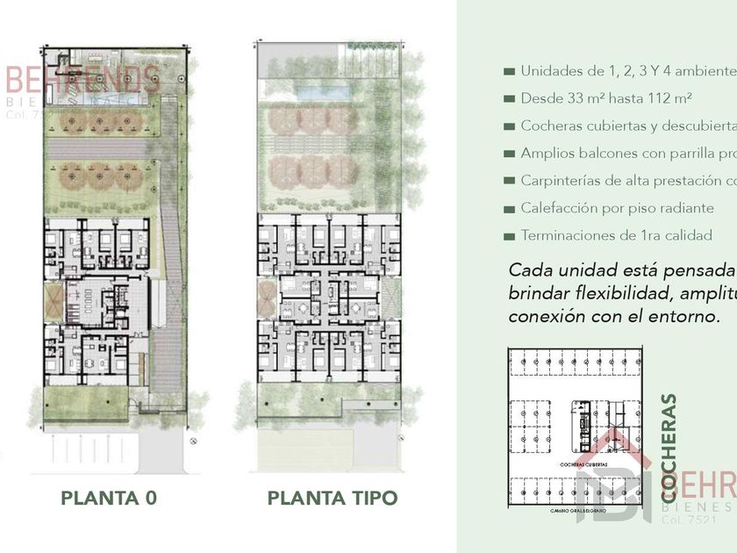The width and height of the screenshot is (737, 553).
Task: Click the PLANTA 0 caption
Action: pos(109,499)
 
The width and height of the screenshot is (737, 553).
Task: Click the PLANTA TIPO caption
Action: pos(333,499)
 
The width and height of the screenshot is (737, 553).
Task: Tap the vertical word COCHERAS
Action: pos(669,449)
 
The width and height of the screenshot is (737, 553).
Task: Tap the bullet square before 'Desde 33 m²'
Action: pos(509,99)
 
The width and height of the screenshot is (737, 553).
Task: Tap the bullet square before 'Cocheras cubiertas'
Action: pos(509,126)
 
